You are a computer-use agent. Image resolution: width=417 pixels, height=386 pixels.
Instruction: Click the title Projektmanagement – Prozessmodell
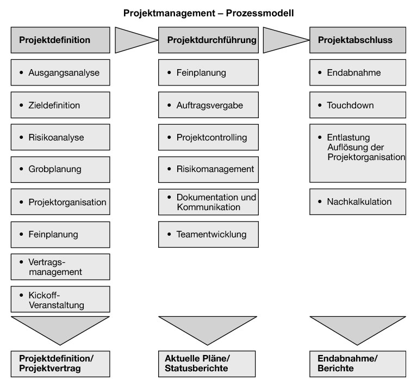click(208, 12)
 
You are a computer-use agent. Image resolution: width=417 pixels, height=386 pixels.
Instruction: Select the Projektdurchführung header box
click(208, 40)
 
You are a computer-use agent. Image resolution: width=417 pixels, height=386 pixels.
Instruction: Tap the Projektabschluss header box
click(357, 40)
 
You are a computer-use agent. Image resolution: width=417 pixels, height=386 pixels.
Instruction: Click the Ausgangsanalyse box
click(60, 72)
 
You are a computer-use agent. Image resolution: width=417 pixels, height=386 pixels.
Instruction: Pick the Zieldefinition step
click(60, 105)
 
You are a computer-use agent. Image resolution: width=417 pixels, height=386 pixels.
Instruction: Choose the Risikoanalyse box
click(60, 137)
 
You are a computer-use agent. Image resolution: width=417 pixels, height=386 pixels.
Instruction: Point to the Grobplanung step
click(60, 169)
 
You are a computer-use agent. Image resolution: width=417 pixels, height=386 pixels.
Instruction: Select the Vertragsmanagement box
click(60, 266)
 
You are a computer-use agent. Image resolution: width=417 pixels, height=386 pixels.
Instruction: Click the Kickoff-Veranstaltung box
click(60, 299)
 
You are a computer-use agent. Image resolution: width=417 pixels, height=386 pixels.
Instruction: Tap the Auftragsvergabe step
click(208, 105)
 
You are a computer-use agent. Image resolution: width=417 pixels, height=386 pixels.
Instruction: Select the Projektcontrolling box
click(208, 137)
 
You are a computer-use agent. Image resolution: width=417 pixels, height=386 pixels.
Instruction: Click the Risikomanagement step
click(208, 169)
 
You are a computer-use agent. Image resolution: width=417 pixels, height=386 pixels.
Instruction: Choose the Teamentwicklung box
click(208, 234)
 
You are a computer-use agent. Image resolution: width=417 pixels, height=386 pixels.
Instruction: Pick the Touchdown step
click(357, 105)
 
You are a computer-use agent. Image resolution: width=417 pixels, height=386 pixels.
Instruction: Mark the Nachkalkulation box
click(357, 201)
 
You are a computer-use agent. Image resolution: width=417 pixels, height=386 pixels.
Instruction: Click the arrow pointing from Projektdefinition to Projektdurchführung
click(133, 40)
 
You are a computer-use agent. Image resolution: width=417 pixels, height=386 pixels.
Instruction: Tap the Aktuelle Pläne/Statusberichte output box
click(208, 363)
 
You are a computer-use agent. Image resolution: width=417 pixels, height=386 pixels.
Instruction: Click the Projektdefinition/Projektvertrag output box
click(60, 363)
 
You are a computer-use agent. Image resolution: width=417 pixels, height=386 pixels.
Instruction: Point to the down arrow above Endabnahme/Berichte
click(357, 327)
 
